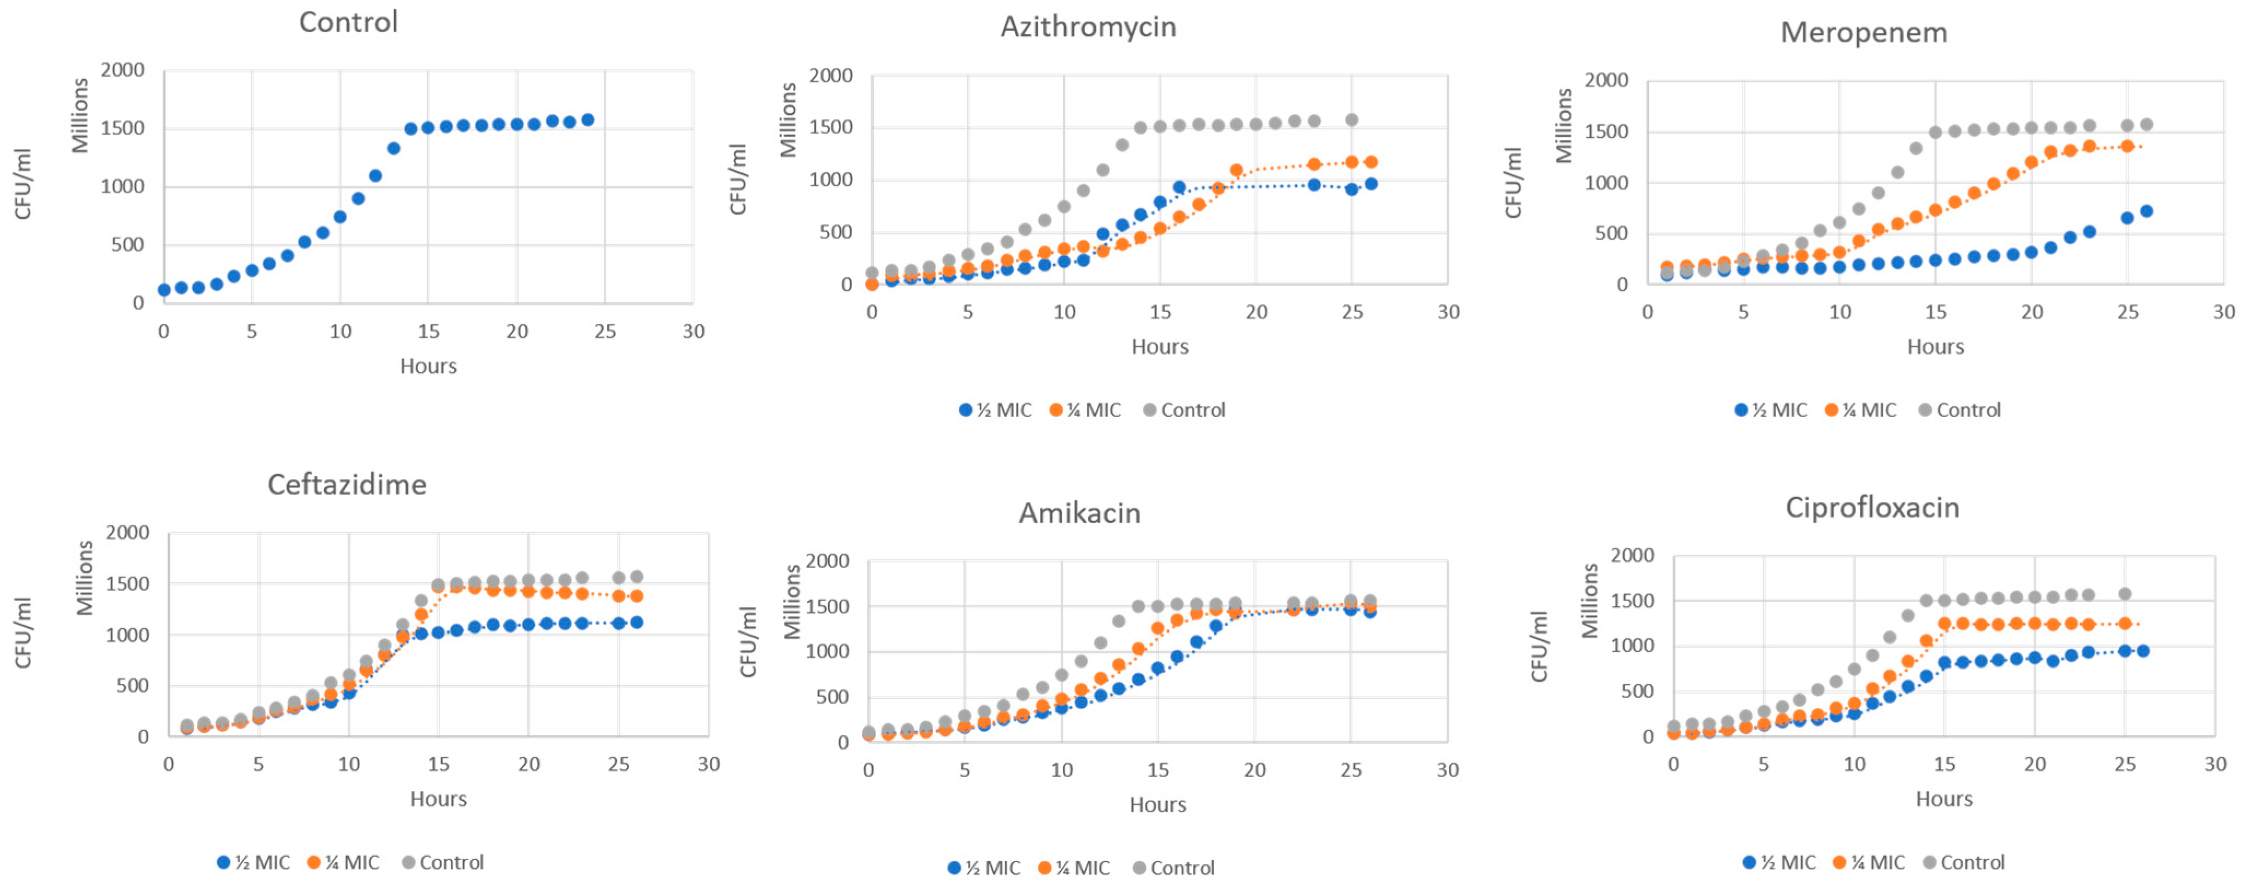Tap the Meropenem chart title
[1863, 32]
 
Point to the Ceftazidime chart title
[346, 484]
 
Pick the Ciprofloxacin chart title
[1872, 507]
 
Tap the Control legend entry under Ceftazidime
[443, 862]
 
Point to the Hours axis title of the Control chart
[428, 366]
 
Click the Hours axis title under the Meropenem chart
[1935, 347]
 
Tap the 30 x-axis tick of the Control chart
[694, 331]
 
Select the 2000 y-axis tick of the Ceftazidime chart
[127, 533]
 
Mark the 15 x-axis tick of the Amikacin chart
[1158, 770]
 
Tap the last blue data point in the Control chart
[588, 119]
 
